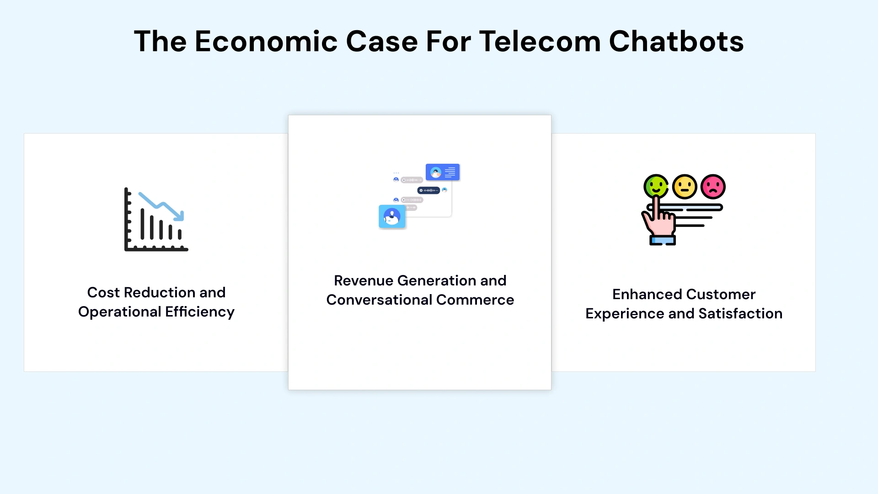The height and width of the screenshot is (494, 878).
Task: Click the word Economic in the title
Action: coord(266,41)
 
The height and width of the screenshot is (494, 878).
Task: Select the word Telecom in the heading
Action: coord(540,41)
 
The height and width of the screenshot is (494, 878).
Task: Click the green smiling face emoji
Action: coord(656,186)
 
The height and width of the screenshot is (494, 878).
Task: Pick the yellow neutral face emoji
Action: coord(685,186)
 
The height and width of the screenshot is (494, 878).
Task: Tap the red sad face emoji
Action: coord(713,186)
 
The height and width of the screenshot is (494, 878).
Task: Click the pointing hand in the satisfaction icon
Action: coord(659,220)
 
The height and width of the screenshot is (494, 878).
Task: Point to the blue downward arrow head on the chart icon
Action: coord(180,215)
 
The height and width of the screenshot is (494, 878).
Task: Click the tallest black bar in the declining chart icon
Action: coord(143,224)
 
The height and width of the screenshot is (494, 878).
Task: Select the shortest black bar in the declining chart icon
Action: coord(180,234)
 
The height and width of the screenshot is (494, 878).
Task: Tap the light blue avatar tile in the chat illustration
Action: coord(392,216)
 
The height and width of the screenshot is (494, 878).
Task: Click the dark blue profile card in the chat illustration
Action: coord(442,172)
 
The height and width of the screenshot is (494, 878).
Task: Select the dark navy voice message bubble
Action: coord(428,190)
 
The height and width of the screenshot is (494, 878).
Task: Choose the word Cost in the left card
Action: coord(103,292)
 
